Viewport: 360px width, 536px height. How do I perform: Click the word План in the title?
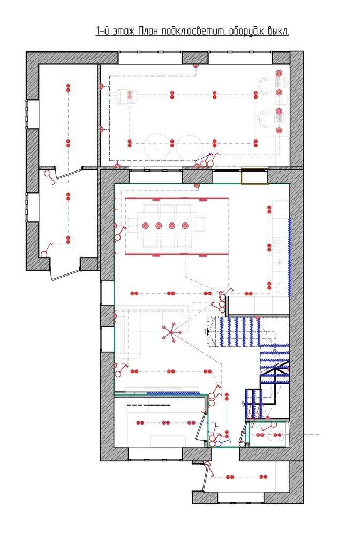coord(149,31)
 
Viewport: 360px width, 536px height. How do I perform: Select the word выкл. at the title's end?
coord(279,32)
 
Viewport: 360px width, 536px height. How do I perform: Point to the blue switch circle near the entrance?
coord(217,444)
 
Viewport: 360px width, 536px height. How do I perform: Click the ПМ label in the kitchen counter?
coord(280,263)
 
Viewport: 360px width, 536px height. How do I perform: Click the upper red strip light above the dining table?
coord(177,199)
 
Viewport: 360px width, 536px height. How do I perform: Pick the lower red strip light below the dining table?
coord(177,254)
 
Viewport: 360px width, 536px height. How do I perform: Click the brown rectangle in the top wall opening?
coord(254,176)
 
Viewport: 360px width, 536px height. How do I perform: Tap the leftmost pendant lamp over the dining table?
coord(146,226)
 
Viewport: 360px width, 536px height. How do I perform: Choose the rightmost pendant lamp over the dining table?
coord(185,226)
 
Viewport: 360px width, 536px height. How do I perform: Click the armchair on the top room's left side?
coord(123,96)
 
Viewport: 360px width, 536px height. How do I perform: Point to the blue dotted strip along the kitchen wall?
coord(290,257)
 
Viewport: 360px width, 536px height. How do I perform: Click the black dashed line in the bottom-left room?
coord(149,405)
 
